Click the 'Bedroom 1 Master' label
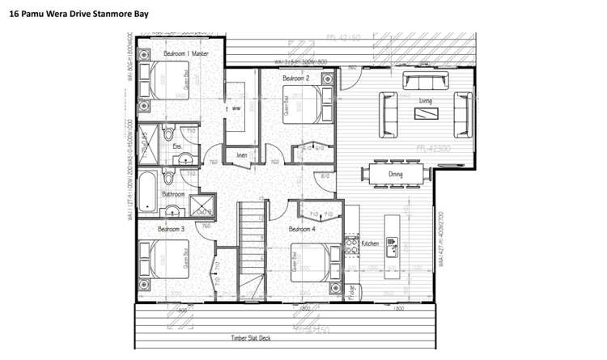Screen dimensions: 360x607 (x=186, y=53)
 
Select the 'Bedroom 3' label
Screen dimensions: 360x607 (x=171, y=230)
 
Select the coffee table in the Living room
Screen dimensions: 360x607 (x=427, y=113)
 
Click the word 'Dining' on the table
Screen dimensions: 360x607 (x=396, y=174)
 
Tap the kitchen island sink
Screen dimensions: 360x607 (x=392, y=244)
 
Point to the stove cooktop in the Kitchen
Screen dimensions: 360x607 (x=352, y=244)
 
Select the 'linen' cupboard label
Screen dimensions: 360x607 (x=241, y=155)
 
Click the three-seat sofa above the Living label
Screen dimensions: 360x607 (x=427, y=81)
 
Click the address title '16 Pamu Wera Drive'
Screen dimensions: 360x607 (x=73, y=14)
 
